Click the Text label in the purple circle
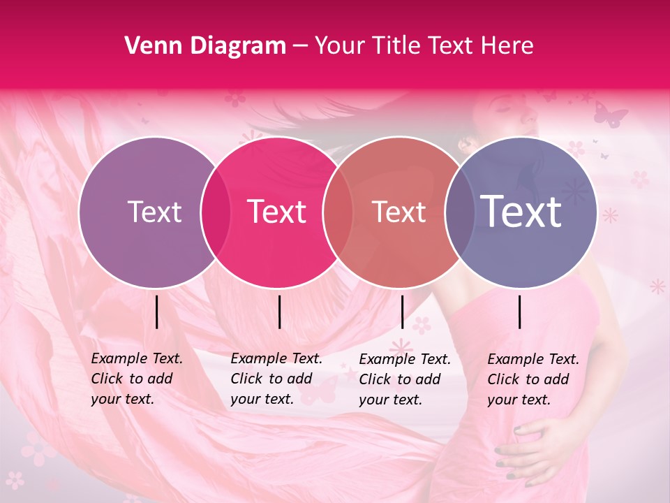[x=154, y=212]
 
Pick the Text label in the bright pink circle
[x=276, y=212]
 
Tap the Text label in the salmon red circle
[x=399, y=212]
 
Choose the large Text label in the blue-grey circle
[x=521, y=212]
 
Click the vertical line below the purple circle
[x=156, y=312]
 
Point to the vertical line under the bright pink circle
[x=279, y=312]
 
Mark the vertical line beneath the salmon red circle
[x=402, y=312]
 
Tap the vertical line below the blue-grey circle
[x=519, y=312]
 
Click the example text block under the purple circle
[x=137, y=379]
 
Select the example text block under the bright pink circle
[x=276, y=379]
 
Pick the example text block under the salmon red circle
[x=405, y=379]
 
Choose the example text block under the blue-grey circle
[x=533, y=379]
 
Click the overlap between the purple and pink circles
[x=216, y=212]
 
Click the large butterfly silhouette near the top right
[x=610, y=115]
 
